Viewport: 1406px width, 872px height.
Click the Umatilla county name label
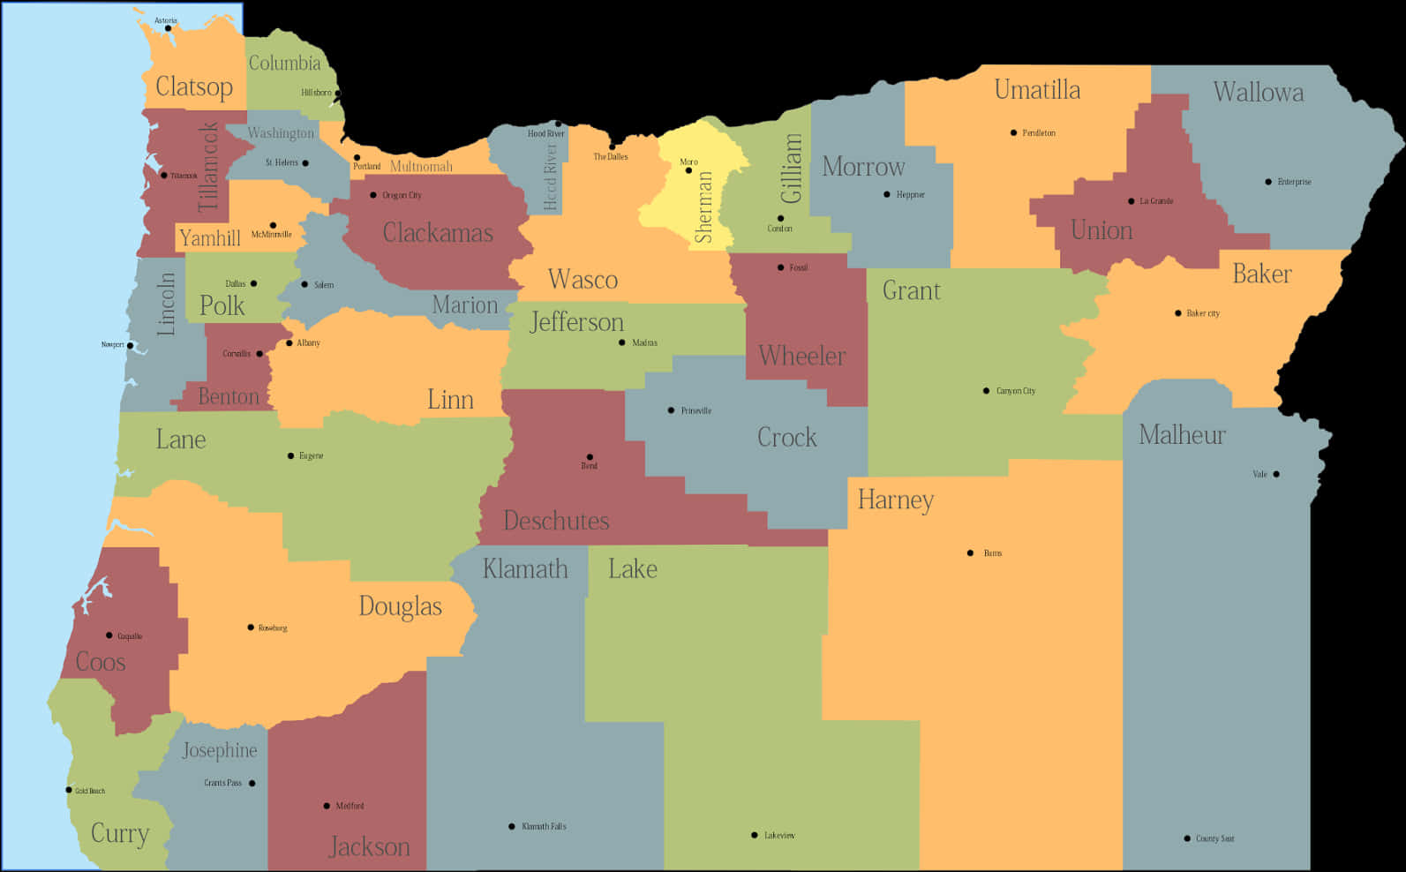coord(1037,90)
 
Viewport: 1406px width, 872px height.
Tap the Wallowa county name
coord(1258,92)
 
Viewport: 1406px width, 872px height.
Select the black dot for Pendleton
coord(1013,133)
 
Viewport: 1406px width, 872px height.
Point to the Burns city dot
coord(970,553)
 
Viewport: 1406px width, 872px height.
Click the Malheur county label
coord(1182,434)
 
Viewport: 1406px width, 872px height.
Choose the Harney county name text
coord(895,500)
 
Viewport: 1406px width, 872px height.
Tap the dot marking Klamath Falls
coord(512,827)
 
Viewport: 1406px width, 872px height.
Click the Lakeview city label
coord(779,835)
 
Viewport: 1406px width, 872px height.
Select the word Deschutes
coord(556,521)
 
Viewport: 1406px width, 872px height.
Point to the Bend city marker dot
coord(590,457)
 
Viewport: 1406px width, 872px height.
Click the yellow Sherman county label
coord(703,207)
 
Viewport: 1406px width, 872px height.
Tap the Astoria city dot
coord(168,28)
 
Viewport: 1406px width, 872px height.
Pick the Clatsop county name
coord(194,86)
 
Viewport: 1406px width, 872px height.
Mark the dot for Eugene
coord(290,456)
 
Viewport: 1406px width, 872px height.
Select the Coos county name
coord(101,662)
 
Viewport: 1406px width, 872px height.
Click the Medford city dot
coord(327,806)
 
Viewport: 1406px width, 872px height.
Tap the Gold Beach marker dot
coord(69,790)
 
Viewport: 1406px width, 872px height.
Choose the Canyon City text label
coord(1016,391)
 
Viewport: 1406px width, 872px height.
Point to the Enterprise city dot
coord(1268,182)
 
